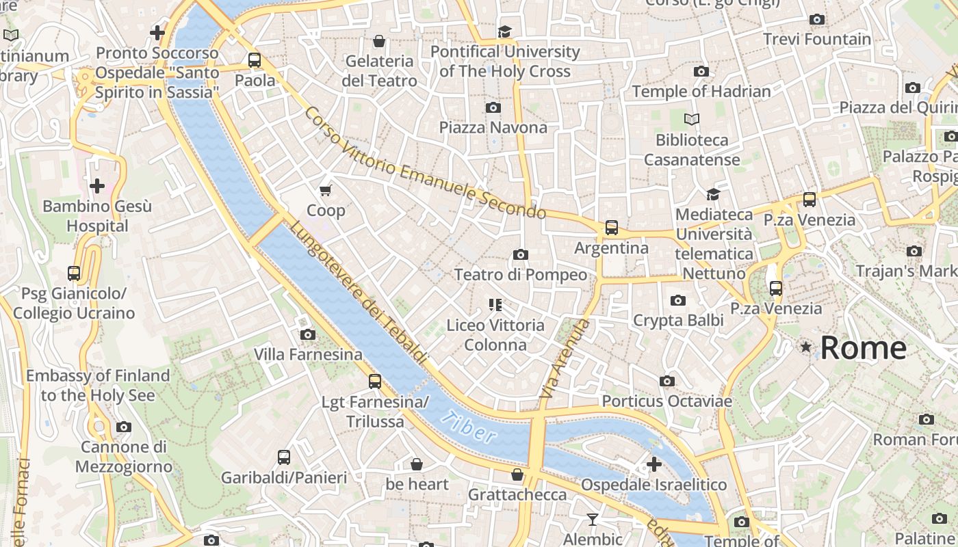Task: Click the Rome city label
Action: pyautogui.click(x=863, y=347)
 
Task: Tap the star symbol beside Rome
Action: pyautogui.click(x=806, y=347)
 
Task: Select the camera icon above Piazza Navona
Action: pyautogui.click(x=493, y=107)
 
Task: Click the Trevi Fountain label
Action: pyautogui.click(x=817, y=39)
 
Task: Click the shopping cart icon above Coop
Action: pyautogui.click(x=326, y=190)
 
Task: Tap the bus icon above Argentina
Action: pyautogui.click(x=611, y=228)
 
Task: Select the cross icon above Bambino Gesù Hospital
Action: pyautogui.click(x=97, y=185)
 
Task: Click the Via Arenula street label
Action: pyautogui.click(x=565, y=359)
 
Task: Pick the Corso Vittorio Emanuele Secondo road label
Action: pyautogui.click(x=425, y=163)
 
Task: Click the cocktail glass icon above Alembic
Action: pyautogui.click(x=593, y=520)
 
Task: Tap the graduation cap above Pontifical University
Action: pyautogui.click(x=504, y=31)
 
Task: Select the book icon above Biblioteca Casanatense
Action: pyautogui.click(x=692, y=120)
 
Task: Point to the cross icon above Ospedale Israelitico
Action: pyautogui.click(x=653, y=464)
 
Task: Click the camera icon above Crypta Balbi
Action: pyautogui.click(x=677, y=300)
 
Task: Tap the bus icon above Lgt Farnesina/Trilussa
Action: pyautogui.click(x=374, y=382)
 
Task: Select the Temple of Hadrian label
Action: pyautogui.click(x=701, y=91)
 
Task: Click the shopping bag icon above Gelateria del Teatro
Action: pyautogui.click(x=379, y=41)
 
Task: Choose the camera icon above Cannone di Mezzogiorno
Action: pyautogui.click(x=123, y=427)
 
